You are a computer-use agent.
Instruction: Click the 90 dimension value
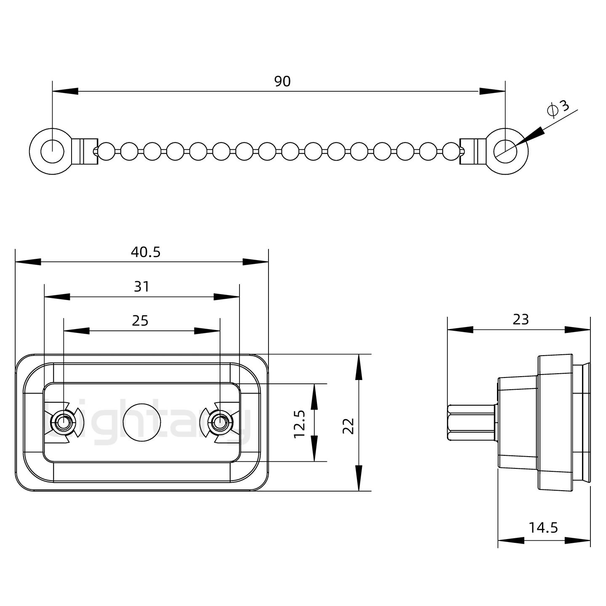pyautogui.click(x=282, y=81)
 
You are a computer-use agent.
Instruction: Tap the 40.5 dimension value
pyautogui.click(x=146, y=252)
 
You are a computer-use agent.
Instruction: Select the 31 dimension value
pyautogui.click(x=142, y=287)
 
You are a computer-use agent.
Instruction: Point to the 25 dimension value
pyautogui.click(x=140, y=321)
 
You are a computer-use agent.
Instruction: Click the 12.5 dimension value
pyautogui.click(x=299, y=424)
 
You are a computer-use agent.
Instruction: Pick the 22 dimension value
pyautogui.click(x=349, y=425)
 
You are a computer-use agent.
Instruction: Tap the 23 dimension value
pyautogui.click(x=521, y=320)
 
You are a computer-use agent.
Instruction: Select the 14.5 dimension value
pyautogui.click(x=543, y=527)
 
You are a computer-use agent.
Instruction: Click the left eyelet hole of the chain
pyautogui.click(x=53, y=150)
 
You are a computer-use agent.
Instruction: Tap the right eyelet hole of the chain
pyautogui.click(x=505, y=151)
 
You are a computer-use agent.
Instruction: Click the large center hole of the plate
pyautogui.click(x=142, y=423)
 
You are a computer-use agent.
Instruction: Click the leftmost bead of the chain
pyautogui.click(x=106, y=151)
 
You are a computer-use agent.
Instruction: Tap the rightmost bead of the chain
pyautogui.click(x=451, y=151)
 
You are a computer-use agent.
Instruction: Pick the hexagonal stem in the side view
pyautogui.click(x=471, y=423)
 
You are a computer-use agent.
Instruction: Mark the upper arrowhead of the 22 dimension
pyautogui.click(x=359, y=367)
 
